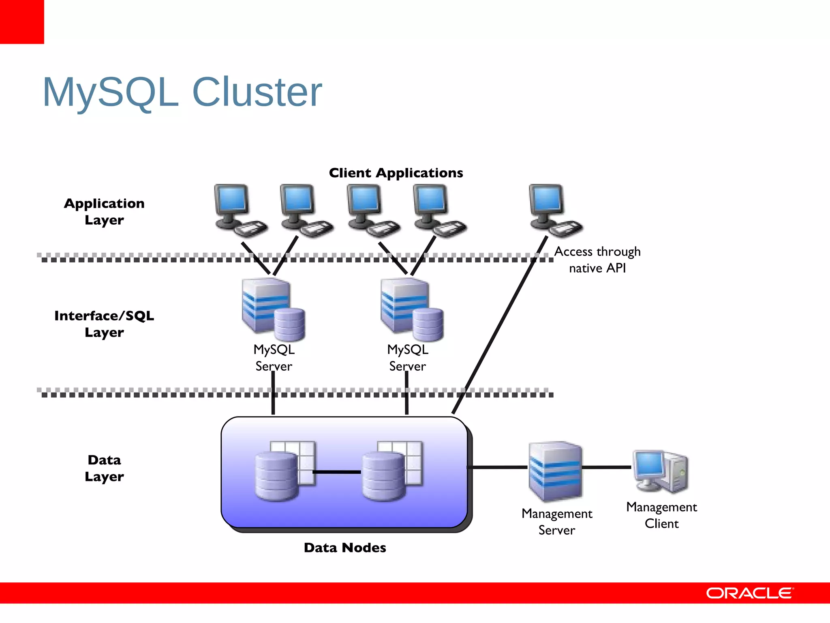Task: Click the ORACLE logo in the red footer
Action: coord(749,593)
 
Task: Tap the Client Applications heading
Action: coord(396,173)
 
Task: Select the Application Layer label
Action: coord(104,211)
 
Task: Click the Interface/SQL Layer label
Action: coord(104,324)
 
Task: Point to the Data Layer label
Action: coord(104,468)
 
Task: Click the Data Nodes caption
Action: coord(345,548)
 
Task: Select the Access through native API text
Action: coord(597,260)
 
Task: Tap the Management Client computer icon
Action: coord(661,470)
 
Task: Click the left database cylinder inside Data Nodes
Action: coord(277,477)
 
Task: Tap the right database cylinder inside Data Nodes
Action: coord(383,477)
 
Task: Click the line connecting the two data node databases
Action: coord(337,472)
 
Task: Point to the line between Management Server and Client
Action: coord(607,467)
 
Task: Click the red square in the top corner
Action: coord(21,21)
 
